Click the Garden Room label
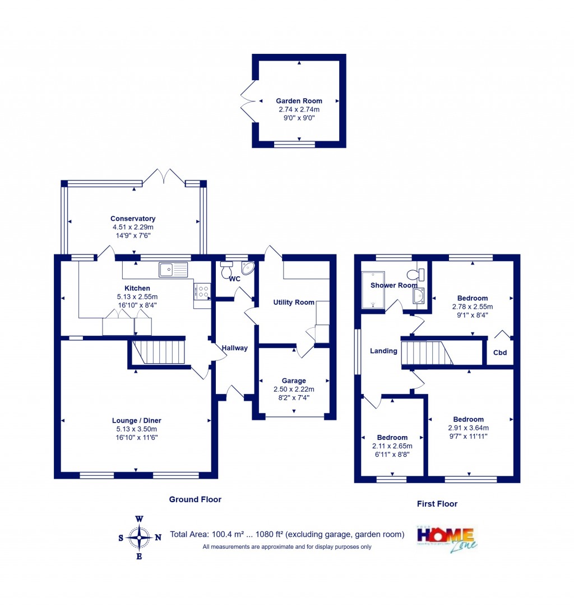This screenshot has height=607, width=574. pyautogui.click(x=299, y=101)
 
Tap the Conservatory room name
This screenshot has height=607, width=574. pyautogui.click(x=133, y=219)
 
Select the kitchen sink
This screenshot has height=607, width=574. pyautogui.click(x=173, y=270)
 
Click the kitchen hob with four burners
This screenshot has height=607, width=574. pyautogui.click(x=202, y=291)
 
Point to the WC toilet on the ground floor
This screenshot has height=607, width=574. pyautogui.click(x=228, y=271)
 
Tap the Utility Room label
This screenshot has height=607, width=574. pyautogui.click(x=294, y=302)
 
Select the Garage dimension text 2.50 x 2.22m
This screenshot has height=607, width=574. pyautogui.click(x=294, y=390)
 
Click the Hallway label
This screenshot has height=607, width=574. pyautogui.click(x=234, y=348)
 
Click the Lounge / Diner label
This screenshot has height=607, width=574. pyautogui.click(x=137, y=420)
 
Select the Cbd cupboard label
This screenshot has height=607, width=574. pyautogui.click(x=499, y=353)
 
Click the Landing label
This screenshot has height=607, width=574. pyautogui.click(x=383, y=351)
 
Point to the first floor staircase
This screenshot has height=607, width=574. pyautogui.click(x=428, y=353)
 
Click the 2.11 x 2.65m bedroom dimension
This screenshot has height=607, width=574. pyautogui.click(x=392, y=446)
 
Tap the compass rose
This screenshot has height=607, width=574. pyautogui.click(x=139, y=537)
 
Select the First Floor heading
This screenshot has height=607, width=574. pyautogui.click(x=437, y=504)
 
